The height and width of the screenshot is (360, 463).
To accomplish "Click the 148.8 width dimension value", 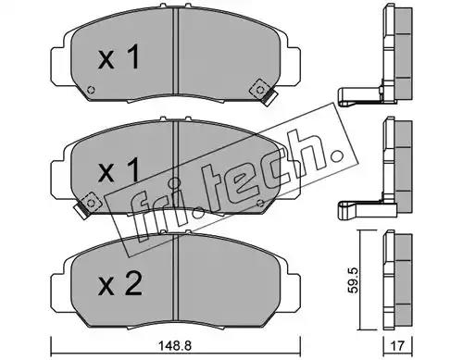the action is coord(175,345).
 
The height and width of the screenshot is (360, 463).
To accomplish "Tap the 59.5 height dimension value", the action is coord(352,279).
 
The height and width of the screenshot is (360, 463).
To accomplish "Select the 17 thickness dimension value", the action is coord(397,345).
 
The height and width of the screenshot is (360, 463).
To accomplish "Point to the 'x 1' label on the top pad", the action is coord(119,56).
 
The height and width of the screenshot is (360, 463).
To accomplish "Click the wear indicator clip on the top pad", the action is coord(264,92).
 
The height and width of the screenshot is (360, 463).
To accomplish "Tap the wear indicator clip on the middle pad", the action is coord(86,205).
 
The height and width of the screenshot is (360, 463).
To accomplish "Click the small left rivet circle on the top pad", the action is coord(91,91).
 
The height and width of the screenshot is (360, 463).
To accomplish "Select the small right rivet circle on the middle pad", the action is coord(260,203).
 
